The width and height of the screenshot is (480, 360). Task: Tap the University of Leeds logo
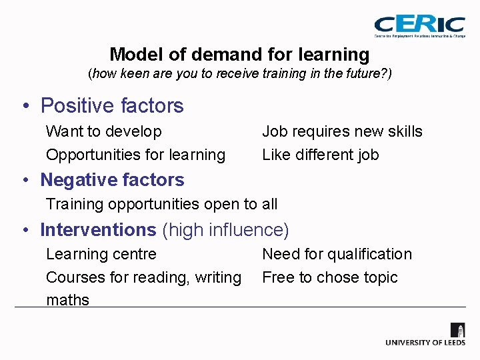[426, 334]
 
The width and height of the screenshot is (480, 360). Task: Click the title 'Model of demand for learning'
[239, 54]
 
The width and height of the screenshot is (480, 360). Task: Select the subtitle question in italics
[240, 73]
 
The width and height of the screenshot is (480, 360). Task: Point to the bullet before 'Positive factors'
[24, 107]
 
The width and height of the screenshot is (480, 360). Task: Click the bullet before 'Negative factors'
[24, 181]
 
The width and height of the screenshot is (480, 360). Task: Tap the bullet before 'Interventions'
[24, 231]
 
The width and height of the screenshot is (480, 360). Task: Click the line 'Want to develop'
[103, 131]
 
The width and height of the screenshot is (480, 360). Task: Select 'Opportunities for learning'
[135, 155]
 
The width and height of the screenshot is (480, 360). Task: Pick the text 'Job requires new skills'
[342, 131]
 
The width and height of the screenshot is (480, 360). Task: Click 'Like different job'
[320, 155]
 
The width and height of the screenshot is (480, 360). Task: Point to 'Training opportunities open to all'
[161, 204]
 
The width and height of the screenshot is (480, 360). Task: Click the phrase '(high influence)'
[225, 230]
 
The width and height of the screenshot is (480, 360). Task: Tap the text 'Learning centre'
[101, 254]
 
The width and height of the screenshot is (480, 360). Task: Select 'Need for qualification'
[337, 254]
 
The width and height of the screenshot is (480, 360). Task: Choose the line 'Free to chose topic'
[329, 277]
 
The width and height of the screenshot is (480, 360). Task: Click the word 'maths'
[67, 300]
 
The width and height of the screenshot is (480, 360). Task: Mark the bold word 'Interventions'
[98, 230]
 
